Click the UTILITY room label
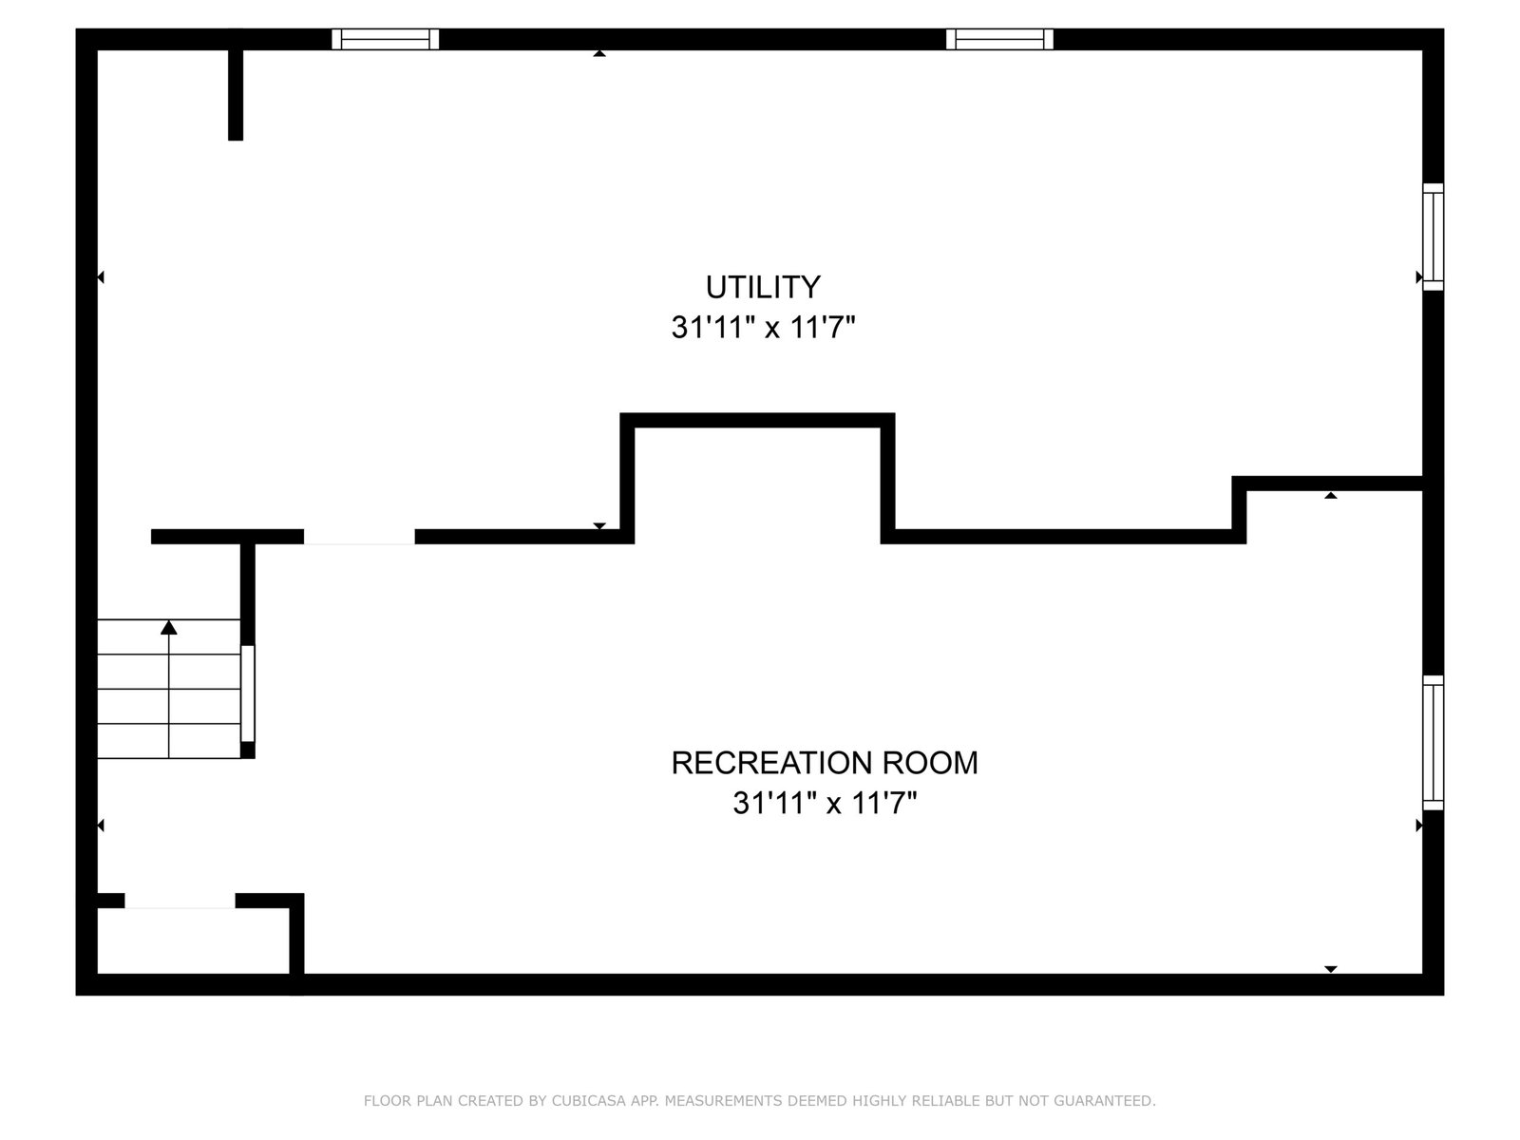point(763,287)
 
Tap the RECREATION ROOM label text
point(824,763)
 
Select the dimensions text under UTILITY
point(763,327)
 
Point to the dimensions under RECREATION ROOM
point(825,803)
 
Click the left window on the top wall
point(385,40)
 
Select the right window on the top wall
point(999,40)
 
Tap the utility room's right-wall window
point(1433,237)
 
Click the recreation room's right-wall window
point(1433,743)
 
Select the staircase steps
point(169,689)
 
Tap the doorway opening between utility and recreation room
point(359,537)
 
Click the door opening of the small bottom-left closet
point(180,901)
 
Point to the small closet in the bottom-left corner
point(193,940)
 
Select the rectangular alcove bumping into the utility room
point(757,478)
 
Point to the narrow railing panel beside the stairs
point(247,693)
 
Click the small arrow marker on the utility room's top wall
point(599,53)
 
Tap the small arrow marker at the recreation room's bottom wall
point(1330,969)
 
